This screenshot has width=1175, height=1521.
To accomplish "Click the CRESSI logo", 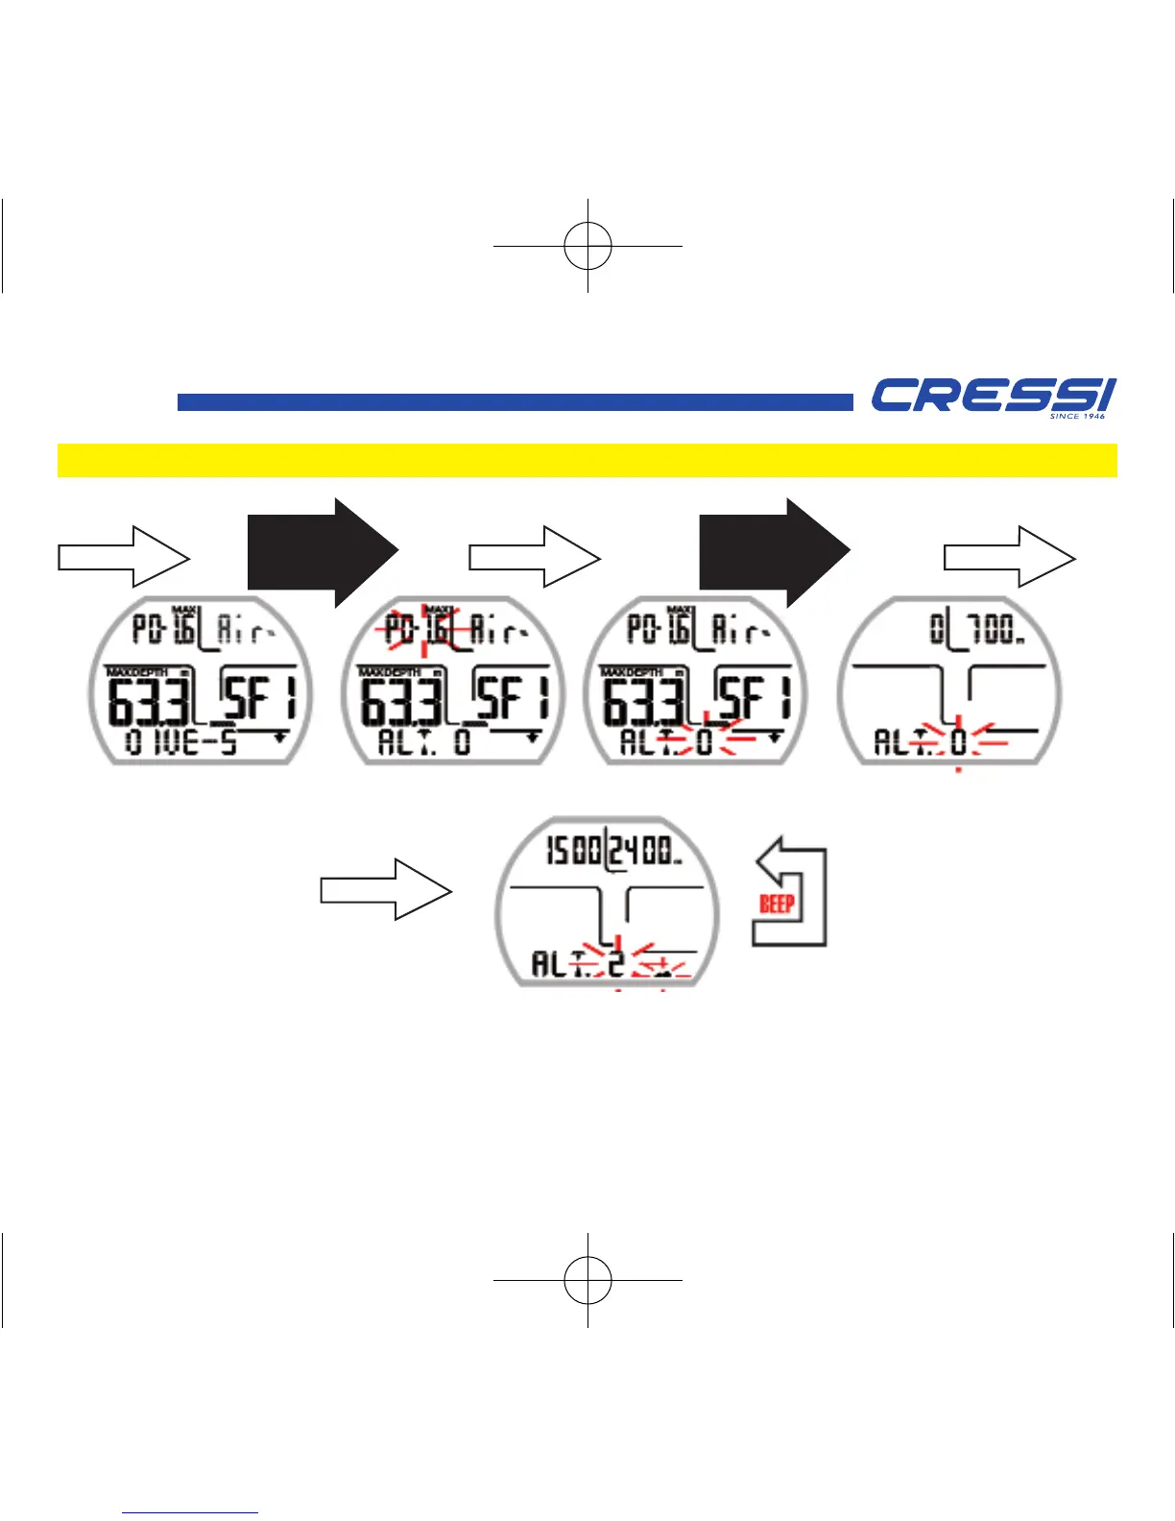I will click(992, 395).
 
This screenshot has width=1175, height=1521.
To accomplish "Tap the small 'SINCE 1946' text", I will click(1077, 416).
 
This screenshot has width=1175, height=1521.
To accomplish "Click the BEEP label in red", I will click(777, 904).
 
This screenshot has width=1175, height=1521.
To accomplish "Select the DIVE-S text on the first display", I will click(182, 742).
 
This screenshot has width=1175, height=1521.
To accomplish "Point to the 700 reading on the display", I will click(992, 630).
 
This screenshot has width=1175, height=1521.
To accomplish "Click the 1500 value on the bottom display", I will click(573, 851).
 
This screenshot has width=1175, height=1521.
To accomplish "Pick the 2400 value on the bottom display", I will click(645, 851).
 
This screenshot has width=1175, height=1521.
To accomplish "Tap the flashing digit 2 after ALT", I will click(615, 962).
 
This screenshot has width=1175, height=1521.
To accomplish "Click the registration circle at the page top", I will click(587, 246).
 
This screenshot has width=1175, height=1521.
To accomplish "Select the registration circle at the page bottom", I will click(587, 1280).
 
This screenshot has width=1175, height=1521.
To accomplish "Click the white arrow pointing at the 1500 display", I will click(385, 889).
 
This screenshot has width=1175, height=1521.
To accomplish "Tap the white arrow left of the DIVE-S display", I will click(124, 557).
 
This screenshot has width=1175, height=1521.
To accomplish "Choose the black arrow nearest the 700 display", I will click(774, 553).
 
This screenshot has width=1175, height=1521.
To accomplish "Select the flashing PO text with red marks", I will click(399, 630).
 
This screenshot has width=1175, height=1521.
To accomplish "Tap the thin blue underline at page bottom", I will click(190, 1513).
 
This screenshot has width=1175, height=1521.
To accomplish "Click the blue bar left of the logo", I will click(515, 402).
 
